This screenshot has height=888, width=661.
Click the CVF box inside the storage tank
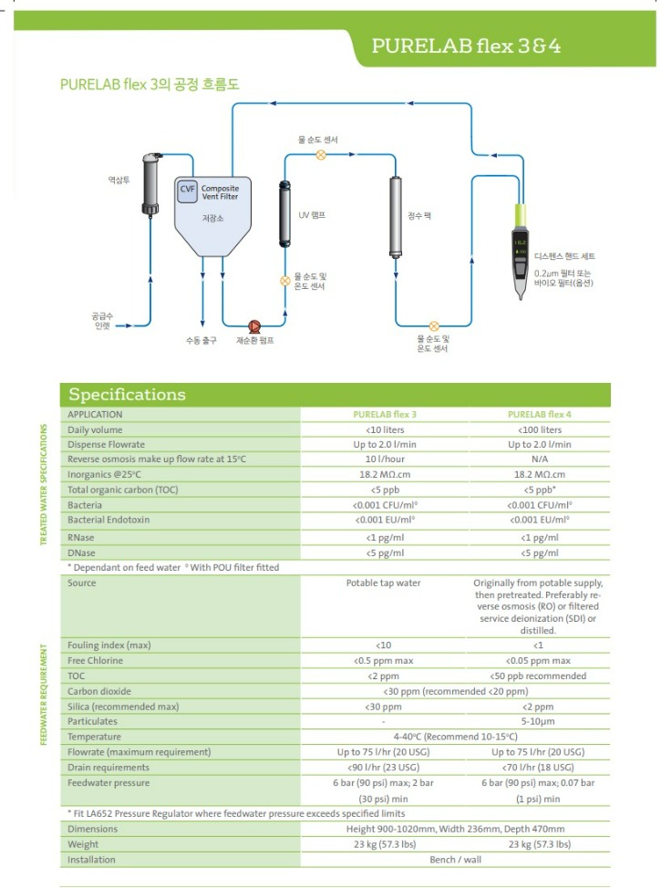pyautogui.click(x=187, y=189)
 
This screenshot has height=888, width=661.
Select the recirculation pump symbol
pyautogui.click(x=254, y=325)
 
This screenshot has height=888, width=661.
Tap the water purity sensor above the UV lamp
pyautogui.click(x=320, y=155)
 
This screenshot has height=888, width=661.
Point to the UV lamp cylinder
pyautogui.click(x=284, y=215)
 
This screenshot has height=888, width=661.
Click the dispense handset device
pyautogui.click(x=519, y=251)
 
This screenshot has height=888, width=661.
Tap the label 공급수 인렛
pyautogui.click(x=101, y=320)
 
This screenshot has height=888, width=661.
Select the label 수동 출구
pyautogui.click(x=201, y=340)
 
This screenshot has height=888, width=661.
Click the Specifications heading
pyautogui.click(x=128, y=395)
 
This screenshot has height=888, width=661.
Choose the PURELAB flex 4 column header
pyautogui.click(x=545, y=414)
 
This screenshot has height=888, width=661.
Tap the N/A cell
pyautogui.click(x=545, y=459)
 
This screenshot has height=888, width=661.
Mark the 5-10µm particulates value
pyautogui.click(x=545, y=721)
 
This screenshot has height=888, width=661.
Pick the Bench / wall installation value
pyautogui.click(x=457, y=859)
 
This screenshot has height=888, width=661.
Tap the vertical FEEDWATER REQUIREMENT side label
pyautogui.click(x=43, y=695)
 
